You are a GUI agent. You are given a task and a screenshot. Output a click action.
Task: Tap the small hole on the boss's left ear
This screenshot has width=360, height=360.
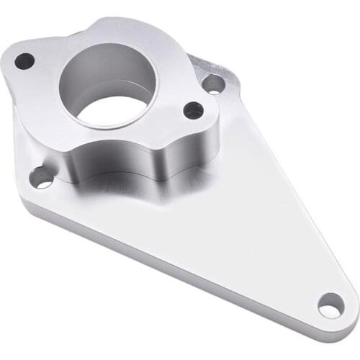[24, 61]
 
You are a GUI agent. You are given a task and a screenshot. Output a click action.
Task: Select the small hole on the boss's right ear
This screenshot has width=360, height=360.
[193, 110]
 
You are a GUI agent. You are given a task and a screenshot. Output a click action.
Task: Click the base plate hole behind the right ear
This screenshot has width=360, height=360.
[214, 85]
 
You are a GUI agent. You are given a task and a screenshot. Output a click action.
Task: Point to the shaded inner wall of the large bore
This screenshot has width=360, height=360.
[101, 68]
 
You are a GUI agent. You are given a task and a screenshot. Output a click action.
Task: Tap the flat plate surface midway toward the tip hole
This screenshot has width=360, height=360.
[245, 238]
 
